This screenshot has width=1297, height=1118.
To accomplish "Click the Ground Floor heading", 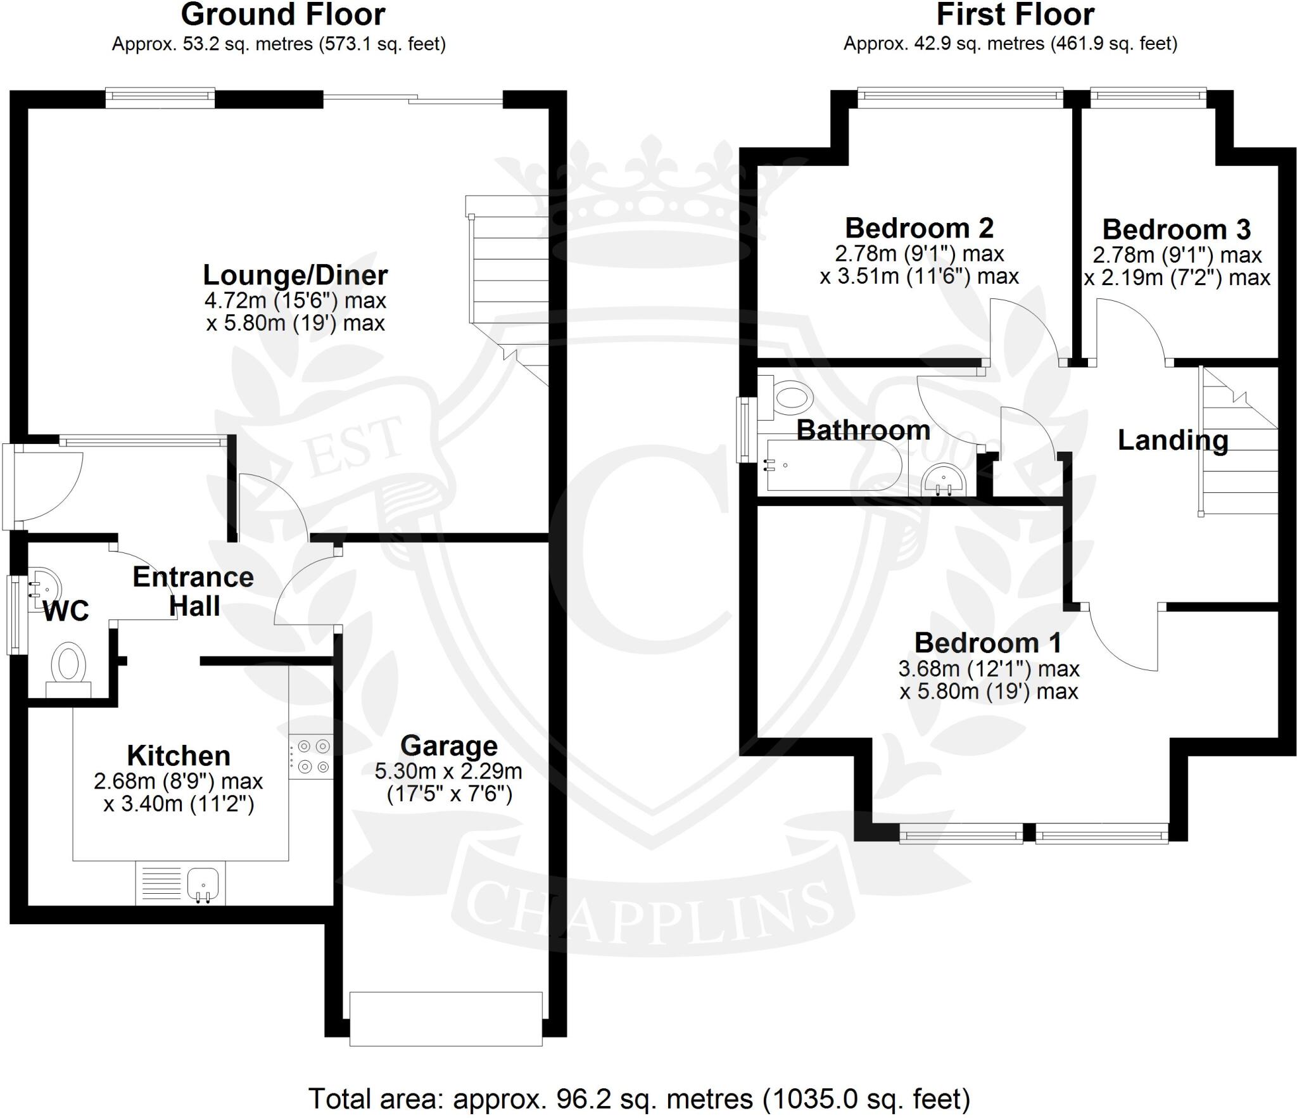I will click(283, 15).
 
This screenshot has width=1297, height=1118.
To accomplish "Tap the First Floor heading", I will click(1015, 15).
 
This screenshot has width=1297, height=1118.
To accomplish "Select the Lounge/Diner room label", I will click(295, 275).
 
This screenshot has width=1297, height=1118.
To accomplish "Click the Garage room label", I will click(449, 746).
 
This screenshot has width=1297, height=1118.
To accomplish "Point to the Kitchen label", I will click(179, 756).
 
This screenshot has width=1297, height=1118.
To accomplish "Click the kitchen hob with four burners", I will click(311, 756).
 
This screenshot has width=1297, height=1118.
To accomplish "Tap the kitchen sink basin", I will click(203, 882).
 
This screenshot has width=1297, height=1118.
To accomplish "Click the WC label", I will click(66, 612).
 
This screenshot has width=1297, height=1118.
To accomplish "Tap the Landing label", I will click(1173, 440).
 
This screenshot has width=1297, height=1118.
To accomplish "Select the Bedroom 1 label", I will click(988, 643).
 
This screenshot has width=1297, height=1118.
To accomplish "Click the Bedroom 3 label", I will click(1177, 229).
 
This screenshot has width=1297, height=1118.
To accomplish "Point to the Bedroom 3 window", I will click(1148, 96).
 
